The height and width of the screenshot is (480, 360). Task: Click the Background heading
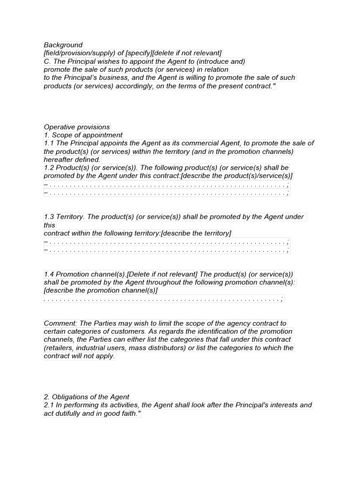(x=63, y=45)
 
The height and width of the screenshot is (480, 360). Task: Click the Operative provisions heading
(x=77, y=127)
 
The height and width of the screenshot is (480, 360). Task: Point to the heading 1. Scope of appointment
(x=83, y=135)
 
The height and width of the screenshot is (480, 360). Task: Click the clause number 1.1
(x=49, y=143)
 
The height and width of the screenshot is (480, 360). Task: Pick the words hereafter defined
(x=72, y=159)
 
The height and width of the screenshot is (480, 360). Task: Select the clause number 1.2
(x=49, y=167)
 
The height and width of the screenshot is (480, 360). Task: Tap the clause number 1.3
(x=49, y=217)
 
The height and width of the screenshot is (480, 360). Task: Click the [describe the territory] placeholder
(x=196, y=233)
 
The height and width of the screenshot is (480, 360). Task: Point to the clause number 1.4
(x=49, y=274)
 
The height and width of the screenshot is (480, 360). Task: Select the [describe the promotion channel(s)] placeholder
(x=101, y=291)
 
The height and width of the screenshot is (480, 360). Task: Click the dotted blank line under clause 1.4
(x=164, y=299)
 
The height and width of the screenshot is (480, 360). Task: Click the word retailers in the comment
(x=60, y=348)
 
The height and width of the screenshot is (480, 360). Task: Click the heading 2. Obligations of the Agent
(x=87, y=397)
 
